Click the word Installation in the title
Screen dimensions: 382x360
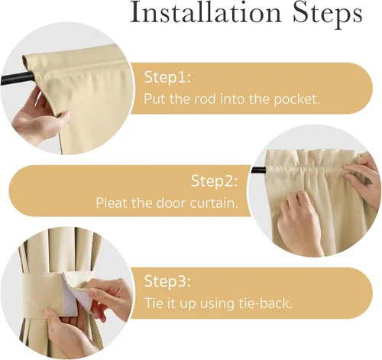[206, 12]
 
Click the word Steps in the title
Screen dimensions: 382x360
[328, 14]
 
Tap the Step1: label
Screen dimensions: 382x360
[167, 76]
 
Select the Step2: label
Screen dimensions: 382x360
[214, 181]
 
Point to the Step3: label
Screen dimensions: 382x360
[167, 281]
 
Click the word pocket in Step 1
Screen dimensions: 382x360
[296, 99]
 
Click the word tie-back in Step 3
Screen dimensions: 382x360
[265, 303]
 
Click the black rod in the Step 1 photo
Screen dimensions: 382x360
[17, 77]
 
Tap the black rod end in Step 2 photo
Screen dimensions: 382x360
[258, 170]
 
